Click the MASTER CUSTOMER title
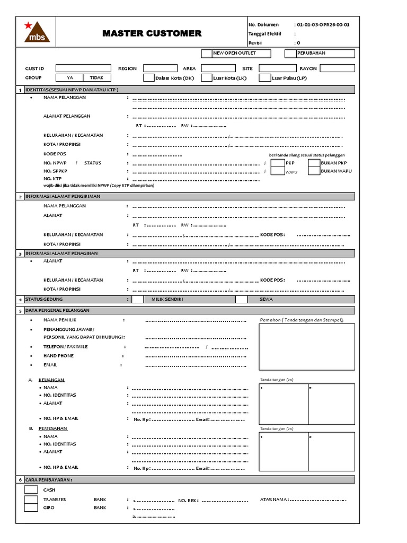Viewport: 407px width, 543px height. tap(152, 33)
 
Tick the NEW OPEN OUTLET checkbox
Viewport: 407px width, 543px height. tap(206, 54)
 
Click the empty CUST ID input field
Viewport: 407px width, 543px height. tap(83, 68)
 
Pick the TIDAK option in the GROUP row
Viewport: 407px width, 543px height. tap(96, 78)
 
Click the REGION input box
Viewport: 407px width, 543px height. tap(160, 68)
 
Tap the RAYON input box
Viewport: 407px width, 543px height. tap(337, 68)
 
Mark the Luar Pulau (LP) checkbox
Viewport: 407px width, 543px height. tap(264, 78)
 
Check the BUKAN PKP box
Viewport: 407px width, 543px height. tap(314, 163)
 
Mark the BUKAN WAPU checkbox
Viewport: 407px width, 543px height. tap(314, 171)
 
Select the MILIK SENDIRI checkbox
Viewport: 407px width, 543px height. tap(137, 300)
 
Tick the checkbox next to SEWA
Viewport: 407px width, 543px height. tap(241, 300)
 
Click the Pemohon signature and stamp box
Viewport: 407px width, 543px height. tap(306, 347)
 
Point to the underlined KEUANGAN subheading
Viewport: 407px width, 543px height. tap(54, 380)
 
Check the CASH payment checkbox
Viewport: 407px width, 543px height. tap(31, 490)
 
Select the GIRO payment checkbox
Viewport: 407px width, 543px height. tap(31, 507)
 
